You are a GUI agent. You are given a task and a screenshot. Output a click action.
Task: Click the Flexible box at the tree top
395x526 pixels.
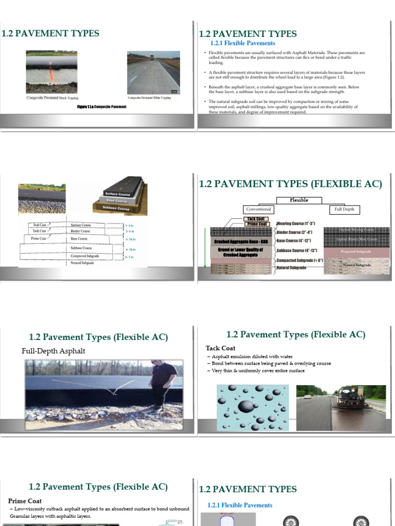[x=299, y=200]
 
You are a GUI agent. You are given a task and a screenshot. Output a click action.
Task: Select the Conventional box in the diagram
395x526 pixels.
[x=258, y=210]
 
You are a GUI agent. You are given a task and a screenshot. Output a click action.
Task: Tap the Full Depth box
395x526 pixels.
[x=345, y=210]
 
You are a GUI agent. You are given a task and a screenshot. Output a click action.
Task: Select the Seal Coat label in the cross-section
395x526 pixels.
[x=40, y=225]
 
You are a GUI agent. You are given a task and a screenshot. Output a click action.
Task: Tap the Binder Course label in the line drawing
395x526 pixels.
[x=80, y=231]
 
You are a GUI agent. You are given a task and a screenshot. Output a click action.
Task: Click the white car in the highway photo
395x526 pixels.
[x=308, y=397]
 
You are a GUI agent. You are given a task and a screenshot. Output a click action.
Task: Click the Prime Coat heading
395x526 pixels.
[x=25, y=501]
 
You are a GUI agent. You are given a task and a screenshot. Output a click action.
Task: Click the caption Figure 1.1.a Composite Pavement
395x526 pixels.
[x=101, y=107]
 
